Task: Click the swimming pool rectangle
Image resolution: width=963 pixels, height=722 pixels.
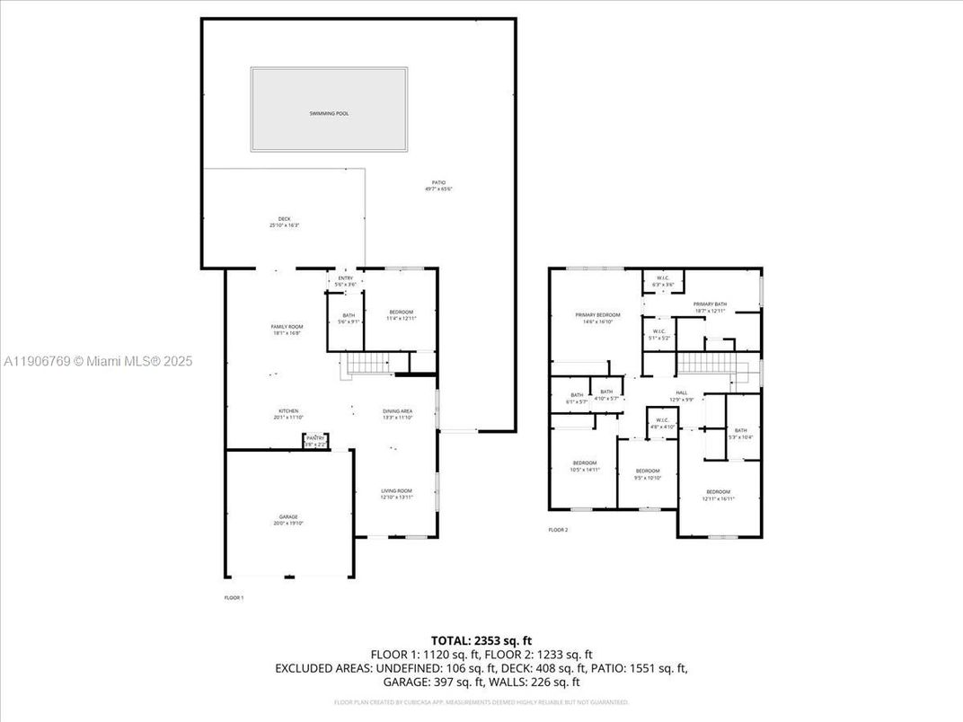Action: pyautogui.click(x=329, y=110)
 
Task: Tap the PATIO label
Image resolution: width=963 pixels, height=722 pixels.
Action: pyautogui.click(x=438, y=184)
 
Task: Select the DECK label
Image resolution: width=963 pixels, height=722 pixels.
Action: pyautogui.click(x=284, y=221)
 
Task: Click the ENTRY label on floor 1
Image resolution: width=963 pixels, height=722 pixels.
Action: pyautogui.click(x=346, y=280)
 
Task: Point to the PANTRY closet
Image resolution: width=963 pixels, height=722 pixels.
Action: pyautogui.click(x=315, y=440)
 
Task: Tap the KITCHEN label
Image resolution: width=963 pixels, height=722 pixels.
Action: pyautogui.click(x=287, y=412)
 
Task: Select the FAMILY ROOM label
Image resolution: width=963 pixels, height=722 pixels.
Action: pyautogui.click(x=287, y=328)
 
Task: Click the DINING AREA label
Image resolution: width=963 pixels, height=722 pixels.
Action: pyautogui.click(x=397, y=412)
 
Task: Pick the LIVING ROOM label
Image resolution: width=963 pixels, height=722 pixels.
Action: pyautogui.click(x=396, y=492)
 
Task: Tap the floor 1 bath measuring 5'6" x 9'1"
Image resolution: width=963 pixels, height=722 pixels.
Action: pyautogui.click(x=349, y=318)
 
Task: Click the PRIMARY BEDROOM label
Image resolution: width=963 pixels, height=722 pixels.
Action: pyautogui.click(x=597, y=317)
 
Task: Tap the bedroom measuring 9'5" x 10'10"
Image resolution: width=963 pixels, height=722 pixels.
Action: pyautogui.click(x=648, y=473)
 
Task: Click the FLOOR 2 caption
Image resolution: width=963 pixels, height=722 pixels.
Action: pyautogui.click(x=558, y=530)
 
